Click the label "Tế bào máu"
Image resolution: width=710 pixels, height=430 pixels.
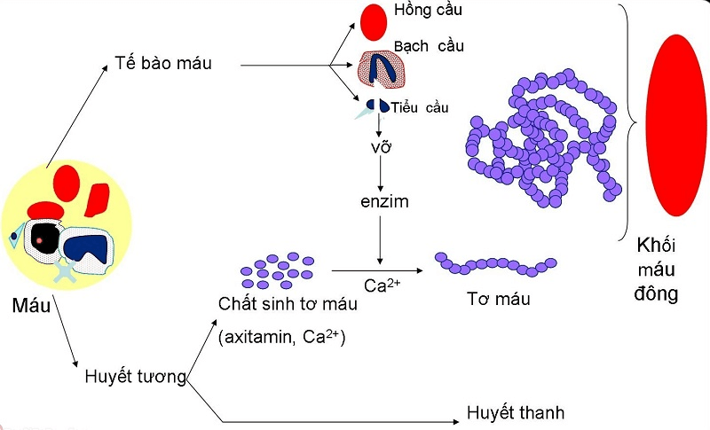163,64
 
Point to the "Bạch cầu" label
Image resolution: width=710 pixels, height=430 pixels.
429,45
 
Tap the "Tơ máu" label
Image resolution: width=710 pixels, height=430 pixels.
498,299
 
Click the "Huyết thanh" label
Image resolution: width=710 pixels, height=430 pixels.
515,413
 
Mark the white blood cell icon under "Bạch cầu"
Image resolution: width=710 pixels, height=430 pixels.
382,71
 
